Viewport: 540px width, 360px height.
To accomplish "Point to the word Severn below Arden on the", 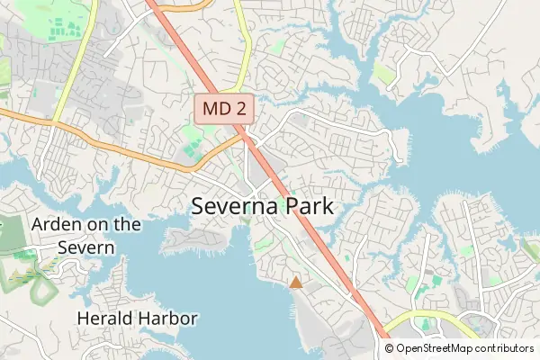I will (86, 247).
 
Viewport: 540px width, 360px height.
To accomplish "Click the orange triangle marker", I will (295, 283).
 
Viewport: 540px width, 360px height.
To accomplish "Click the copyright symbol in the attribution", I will (389, 347).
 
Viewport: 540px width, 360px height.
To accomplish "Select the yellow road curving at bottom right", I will (423, 317).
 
